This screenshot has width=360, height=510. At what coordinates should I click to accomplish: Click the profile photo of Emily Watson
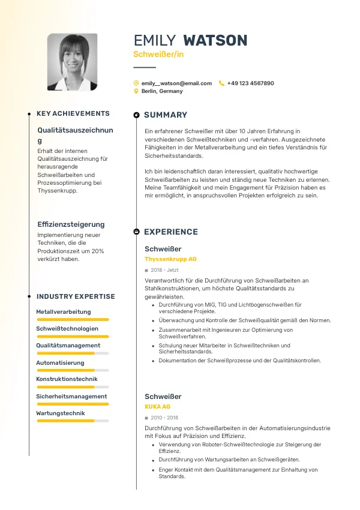point(72,62)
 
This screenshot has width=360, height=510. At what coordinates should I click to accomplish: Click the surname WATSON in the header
point(215,40)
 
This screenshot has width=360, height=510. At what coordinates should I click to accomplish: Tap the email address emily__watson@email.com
point(176,83)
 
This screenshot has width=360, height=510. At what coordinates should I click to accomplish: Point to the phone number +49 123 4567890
point(250,83)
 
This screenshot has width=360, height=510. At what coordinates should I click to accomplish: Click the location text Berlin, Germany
point(162,91)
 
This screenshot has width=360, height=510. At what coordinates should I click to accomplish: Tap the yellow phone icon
point(221,83)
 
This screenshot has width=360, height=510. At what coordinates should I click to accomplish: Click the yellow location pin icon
point(136,91)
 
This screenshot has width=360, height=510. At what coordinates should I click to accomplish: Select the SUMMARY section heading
point(166,115)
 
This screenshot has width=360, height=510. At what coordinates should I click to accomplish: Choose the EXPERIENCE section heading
point(170,232)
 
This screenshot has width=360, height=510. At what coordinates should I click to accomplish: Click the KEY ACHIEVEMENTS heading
point(73,113)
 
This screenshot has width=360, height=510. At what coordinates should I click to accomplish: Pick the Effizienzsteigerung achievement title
point(71,224)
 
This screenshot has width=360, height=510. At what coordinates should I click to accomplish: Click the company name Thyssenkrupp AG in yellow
point(170,259)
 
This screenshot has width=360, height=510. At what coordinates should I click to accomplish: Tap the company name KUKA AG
point(157,407)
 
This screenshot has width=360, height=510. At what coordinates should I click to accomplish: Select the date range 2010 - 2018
point(164,418)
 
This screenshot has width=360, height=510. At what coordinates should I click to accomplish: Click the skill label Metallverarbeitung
point(64,312)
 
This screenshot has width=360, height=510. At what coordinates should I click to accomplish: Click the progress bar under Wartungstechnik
point(73,421)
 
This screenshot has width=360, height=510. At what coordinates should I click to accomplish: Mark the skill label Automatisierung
point(60,363)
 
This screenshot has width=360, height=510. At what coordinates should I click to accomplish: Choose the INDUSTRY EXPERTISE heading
point(76,296)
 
